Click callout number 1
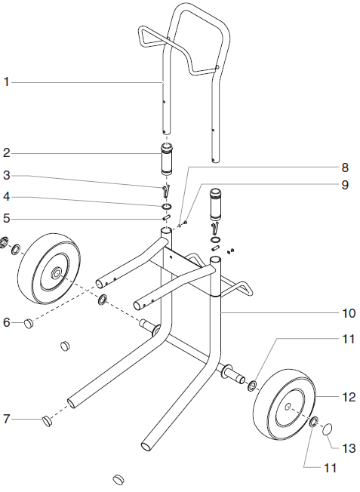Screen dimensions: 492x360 6,82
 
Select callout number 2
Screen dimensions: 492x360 6,153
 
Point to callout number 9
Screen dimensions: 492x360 345,184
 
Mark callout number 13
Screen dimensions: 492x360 348,448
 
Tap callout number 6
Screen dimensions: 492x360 6,322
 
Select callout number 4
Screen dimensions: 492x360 6,197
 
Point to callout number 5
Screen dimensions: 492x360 6,220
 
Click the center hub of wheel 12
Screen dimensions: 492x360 289,406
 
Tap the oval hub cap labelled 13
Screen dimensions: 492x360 328,430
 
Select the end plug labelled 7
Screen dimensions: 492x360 47,418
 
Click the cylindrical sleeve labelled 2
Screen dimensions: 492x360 167,160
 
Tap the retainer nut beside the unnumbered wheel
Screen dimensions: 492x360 11,246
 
